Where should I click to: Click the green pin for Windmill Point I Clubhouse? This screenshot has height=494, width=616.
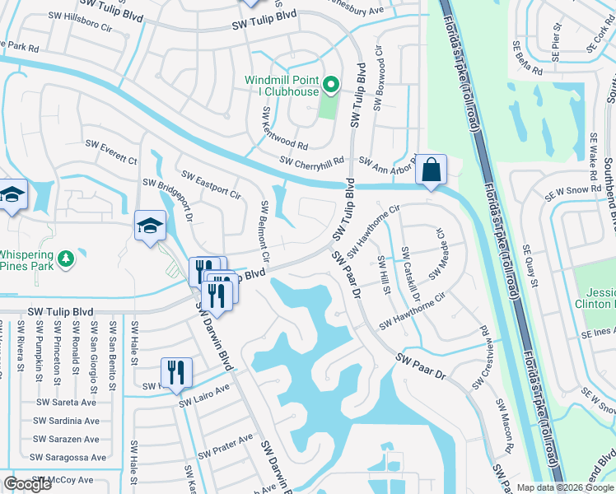pyautogui.click(x=330, y=84)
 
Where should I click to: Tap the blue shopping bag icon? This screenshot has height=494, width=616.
pyautogui.click(x=430, y=170)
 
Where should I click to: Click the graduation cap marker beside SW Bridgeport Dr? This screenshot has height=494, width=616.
pyautogui.click(x=150, y=226)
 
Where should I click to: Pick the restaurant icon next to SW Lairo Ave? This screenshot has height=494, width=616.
pyautogui.click(x=175, y=373)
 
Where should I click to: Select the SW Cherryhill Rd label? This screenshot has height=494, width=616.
pyautogui.click(x=310, y=161)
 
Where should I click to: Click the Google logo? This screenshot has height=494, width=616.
pyautogui.click(x=28, y=484)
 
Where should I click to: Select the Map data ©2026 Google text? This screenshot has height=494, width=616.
pyautogui.click(x=564, y=487)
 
